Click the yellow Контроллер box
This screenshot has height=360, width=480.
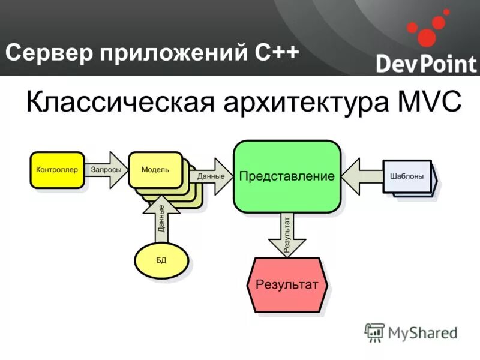(57, 170)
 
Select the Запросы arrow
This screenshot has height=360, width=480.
(106, 170)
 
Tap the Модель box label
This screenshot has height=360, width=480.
(155, 169)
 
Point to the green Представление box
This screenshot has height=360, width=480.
(287, 176)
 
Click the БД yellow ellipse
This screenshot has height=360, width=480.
(161, 260)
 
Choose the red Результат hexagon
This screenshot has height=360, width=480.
(287, 284)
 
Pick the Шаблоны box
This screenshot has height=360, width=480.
(407, 176)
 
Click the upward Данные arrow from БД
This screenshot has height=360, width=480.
(161, 219)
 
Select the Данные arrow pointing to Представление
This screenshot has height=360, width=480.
(212, 176)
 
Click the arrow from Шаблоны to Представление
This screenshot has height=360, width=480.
(363, 176)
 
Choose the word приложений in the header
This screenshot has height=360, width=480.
(172, 54)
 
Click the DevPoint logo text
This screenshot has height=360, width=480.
(425, 63)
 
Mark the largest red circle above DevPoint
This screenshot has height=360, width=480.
(427, 37)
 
